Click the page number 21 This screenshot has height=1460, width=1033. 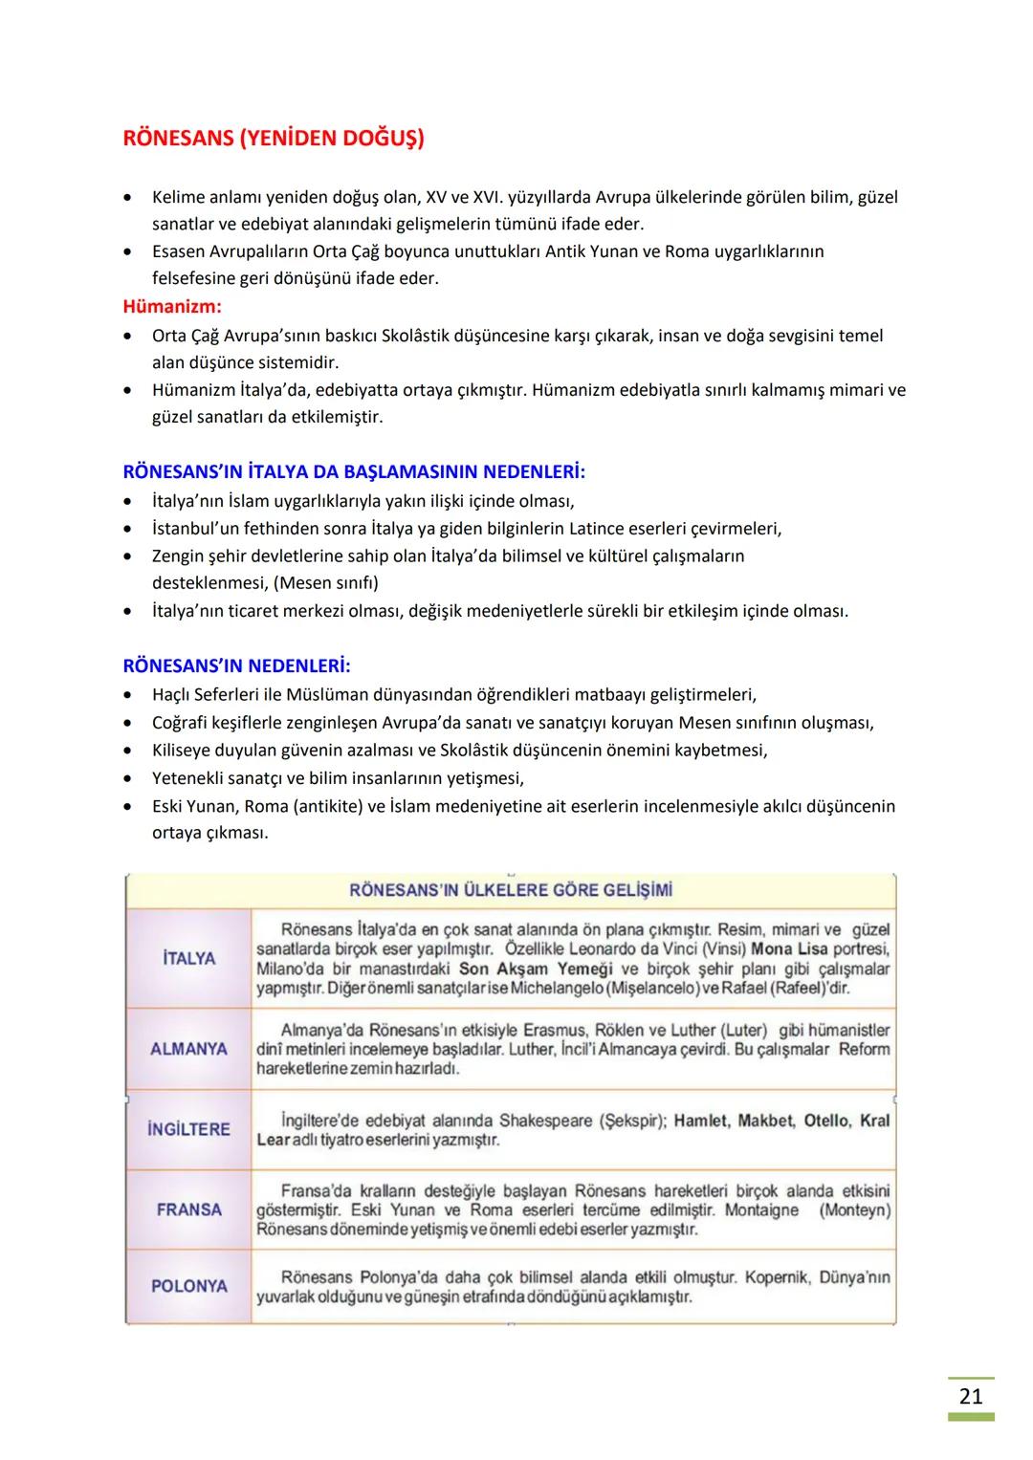pos(970,1396)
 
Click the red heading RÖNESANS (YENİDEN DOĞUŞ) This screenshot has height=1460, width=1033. pos(274,138)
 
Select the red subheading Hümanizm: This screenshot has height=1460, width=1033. pos(172,307)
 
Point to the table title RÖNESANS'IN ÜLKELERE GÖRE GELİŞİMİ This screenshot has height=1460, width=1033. pos(511,890)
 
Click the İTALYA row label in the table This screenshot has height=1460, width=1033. pos(189,958)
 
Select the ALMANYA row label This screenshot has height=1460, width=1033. pos(188,1049)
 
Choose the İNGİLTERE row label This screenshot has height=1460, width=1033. pos(188,1129)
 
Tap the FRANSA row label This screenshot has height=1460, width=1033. pos(188,1209)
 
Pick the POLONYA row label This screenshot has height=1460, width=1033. pos(188,1286)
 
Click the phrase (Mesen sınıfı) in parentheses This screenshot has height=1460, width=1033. pos(326,582)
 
